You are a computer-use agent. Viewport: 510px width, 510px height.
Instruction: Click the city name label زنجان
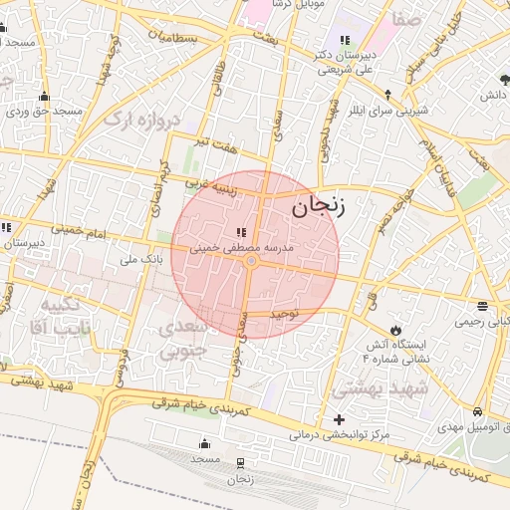[x=319, y=207]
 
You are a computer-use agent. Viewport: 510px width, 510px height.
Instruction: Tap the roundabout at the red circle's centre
[x=252, y=261]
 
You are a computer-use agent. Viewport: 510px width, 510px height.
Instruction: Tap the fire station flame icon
[x=396, y=330]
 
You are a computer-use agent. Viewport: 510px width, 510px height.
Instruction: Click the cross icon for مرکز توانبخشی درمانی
[x=340, y=419]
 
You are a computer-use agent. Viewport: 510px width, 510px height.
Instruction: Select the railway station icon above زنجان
[x=240, y=463]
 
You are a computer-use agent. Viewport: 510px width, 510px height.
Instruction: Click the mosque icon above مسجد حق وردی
[x=43, y=97]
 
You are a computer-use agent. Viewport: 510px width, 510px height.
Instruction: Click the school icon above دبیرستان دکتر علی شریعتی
[x=345, y=41]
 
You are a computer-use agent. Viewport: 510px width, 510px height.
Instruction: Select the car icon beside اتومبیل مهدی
[x=478, y=411]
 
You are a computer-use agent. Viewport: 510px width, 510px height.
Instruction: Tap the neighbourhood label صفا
[x=407, y=19]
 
